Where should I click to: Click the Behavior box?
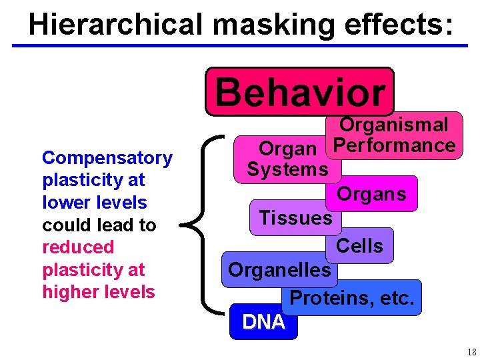pyautogui.click(x=300, y=92)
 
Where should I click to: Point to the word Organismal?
pyautogui.click(x=393, y=124)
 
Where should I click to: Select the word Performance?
pyautogui.click(x=394, y=145)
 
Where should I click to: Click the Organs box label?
pyautogui.click(x=371, y=194)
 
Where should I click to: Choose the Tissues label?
pyautogui.click(x=295, y=217)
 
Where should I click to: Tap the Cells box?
pyautogui.click(x=359, y=246)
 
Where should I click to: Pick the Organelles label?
pyautogui.click(x=279, y=269)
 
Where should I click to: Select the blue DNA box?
pyautogui.click(x=263, y=322)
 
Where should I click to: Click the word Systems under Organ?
pyautogui.click(x=287, y=169)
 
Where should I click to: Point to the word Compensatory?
pyautogui.click(x=107, y=158)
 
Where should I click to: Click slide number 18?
pyautogui.click(x=471, y=352)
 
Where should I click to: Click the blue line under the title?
pyautogui.click(x=240, y=45)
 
